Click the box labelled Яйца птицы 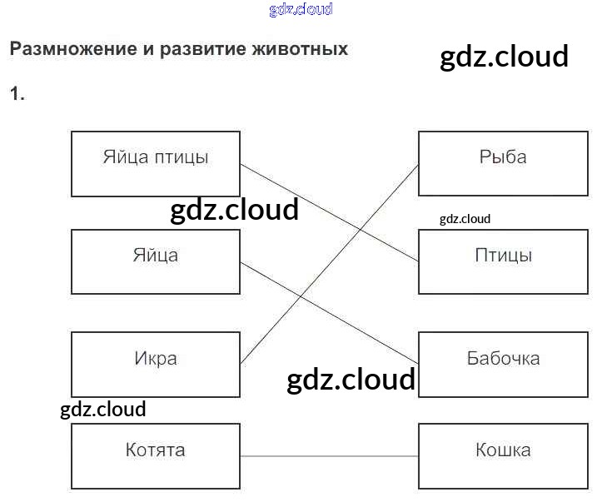(156, 163)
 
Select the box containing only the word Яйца (156, 261)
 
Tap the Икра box (156, 365)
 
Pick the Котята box (156, 456)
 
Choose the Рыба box (503, 163)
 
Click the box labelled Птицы (503, 261)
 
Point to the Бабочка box (503, 365)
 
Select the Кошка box (503, 456)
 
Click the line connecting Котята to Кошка (329, 456)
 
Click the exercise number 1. (17, 94)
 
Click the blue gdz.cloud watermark (301, 9)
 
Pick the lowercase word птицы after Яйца (181, 157)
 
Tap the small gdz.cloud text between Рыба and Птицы (465, 219)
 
